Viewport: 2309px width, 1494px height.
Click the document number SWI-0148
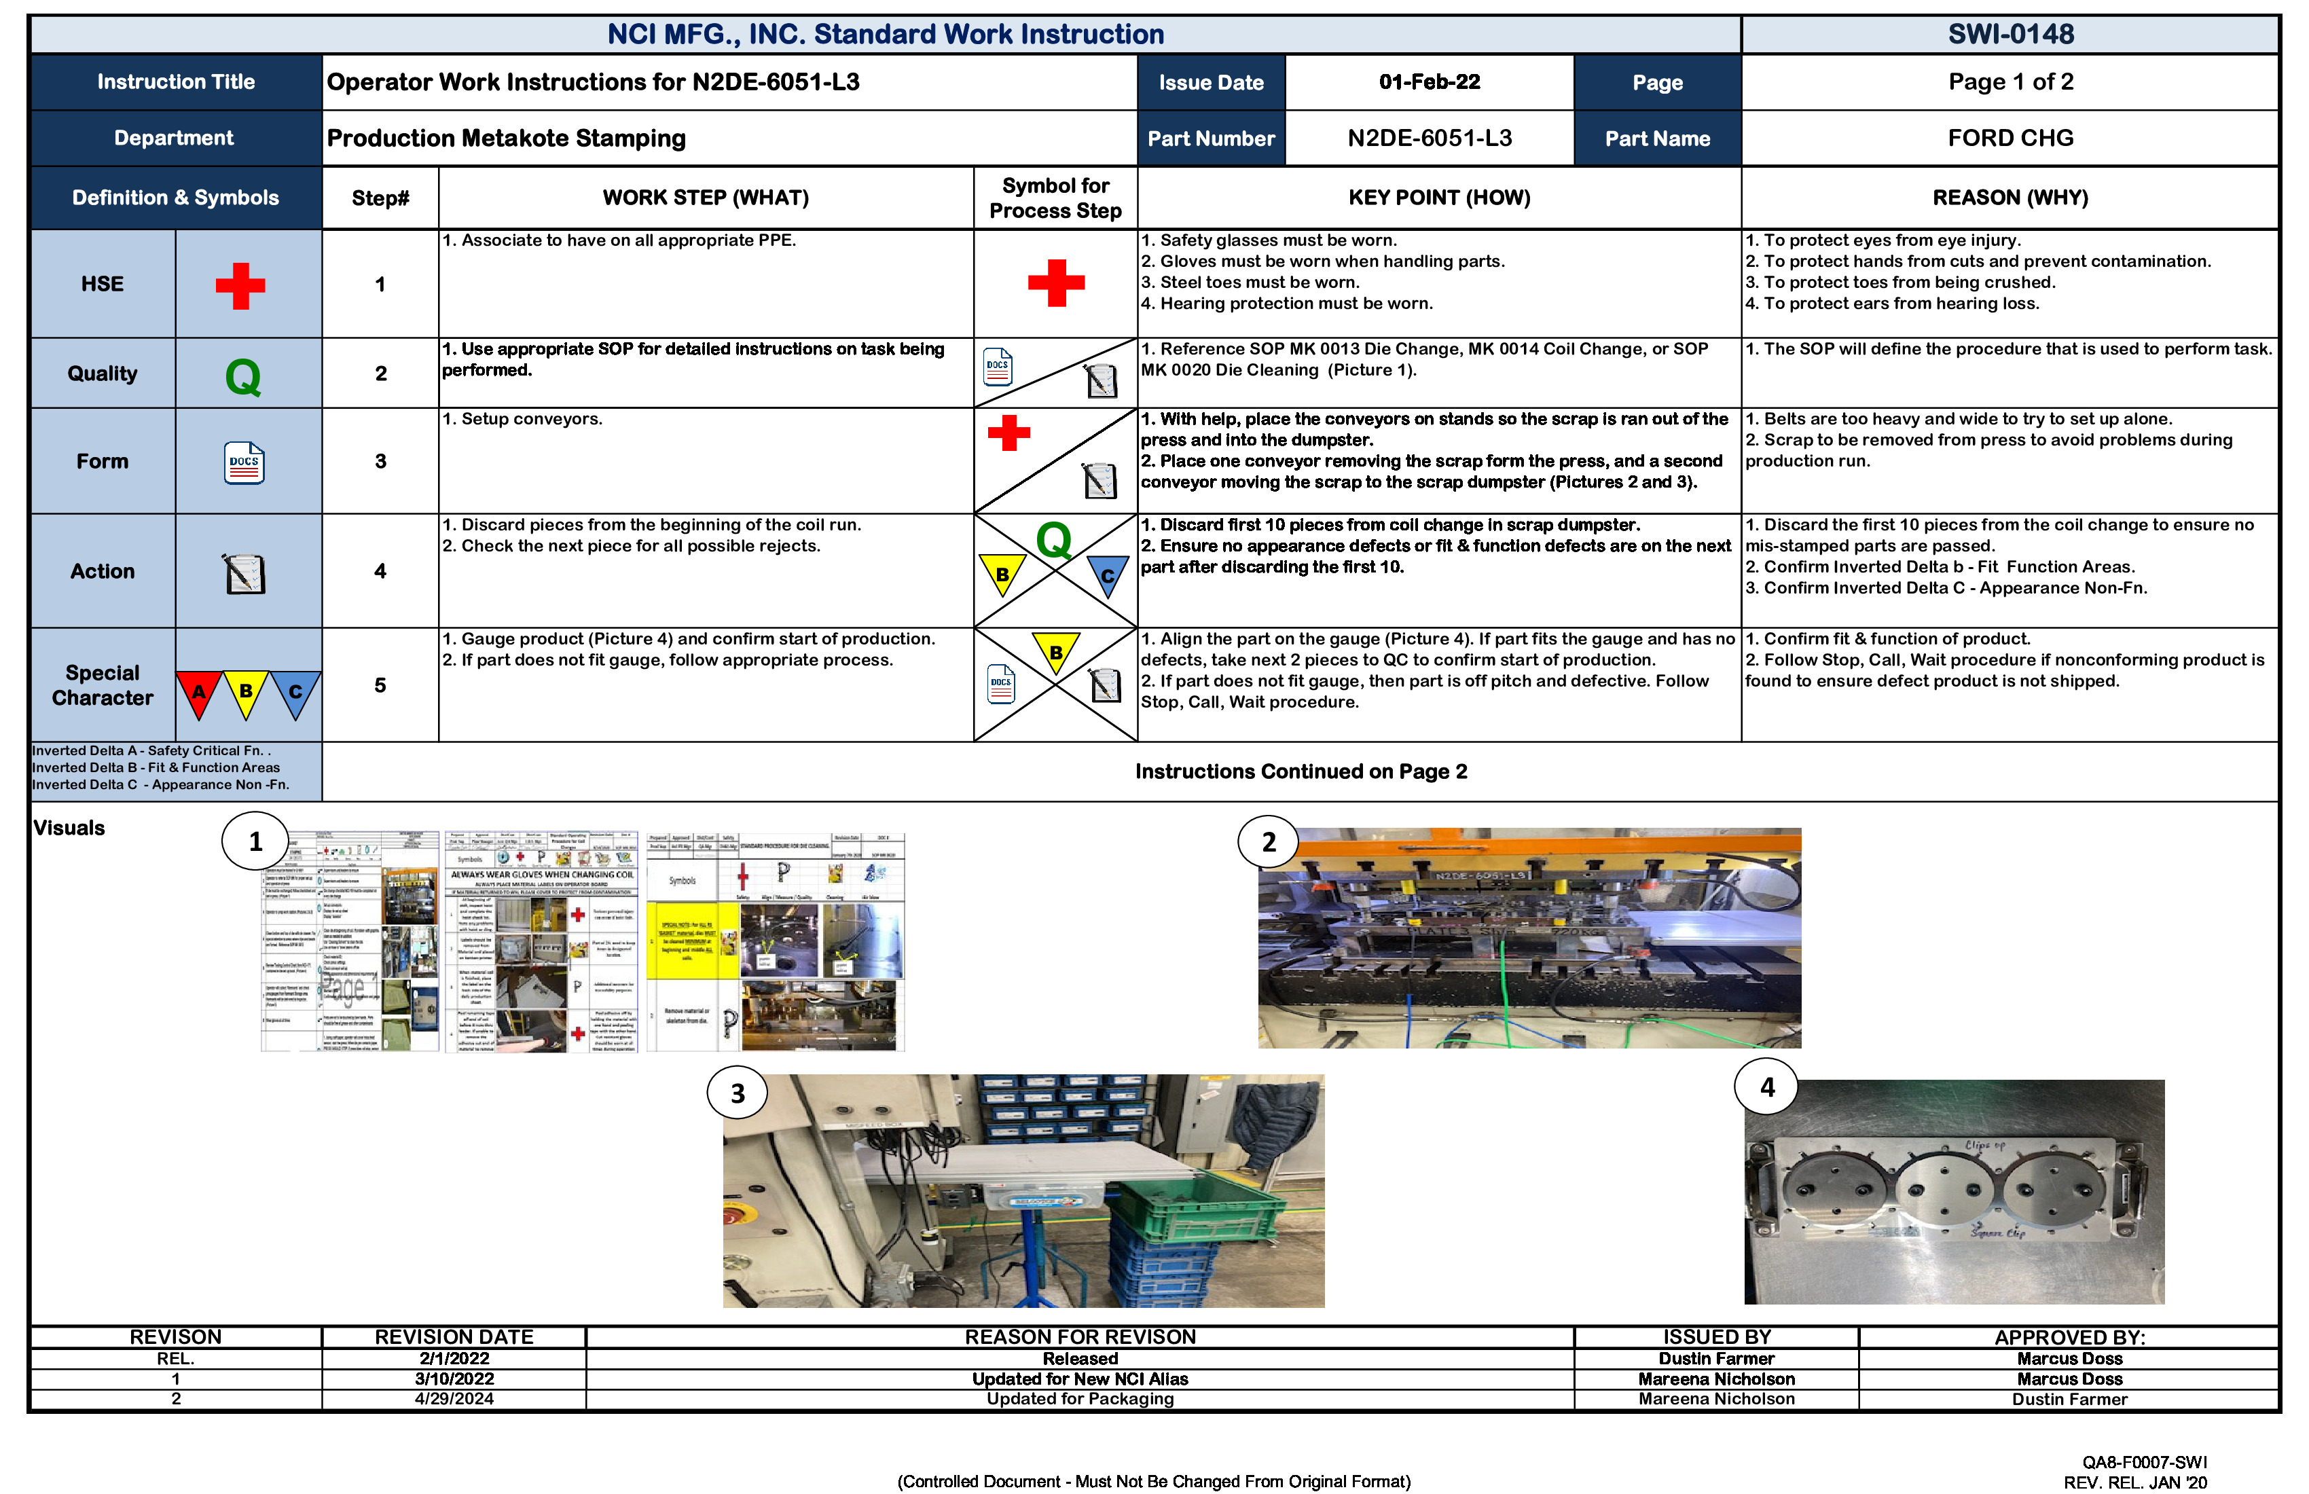click(x=2010, y=34)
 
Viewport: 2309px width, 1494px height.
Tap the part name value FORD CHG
click(x=2010, y=138)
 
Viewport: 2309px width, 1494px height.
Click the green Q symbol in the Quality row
click(x=242, y=376)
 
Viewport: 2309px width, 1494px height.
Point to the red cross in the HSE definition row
click(x=240, y=285)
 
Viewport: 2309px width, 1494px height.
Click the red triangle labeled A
click(x=199, y=692)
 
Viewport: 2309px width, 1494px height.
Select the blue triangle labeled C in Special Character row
click(x=295, y=692)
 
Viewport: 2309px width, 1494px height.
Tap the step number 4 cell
click(x=380, y=571)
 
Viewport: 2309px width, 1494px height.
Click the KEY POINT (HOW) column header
click(x=1439, y=198)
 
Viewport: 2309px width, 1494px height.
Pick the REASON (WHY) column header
click(x=2010, y=198)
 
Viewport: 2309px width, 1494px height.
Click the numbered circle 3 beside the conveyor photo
click(x=738, y=1093)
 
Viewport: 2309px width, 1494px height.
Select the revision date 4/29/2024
click(x=454, y=1399)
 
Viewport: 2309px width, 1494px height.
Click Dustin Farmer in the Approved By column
click(x=2069, y=1399)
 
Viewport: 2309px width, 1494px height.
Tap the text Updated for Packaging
click(x=1080, y=1399)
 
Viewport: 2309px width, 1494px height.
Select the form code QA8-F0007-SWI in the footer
click(x=2144, y=1462)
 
